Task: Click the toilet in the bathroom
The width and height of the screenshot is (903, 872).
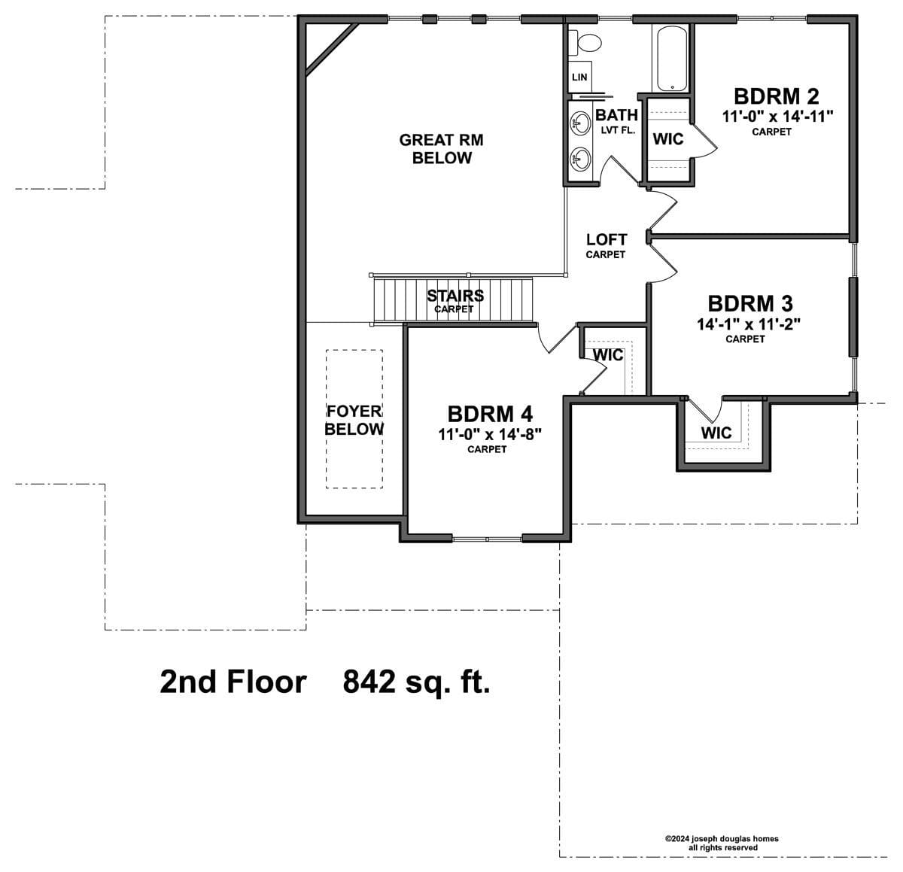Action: click(x=585, y=42)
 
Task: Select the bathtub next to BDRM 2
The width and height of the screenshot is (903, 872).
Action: click(x=671, y=58)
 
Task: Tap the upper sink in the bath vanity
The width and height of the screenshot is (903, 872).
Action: click(x=580, y=123)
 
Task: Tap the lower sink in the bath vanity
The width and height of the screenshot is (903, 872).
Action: click(x=580, y=159)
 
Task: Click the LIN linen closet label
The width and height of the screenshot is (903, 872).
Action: click(x=579, y=77)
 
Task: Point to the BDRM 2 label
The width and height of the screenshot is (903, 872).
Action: click(x=776, y=97)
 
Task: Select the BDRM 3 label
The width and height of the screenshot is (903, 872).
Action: click(x=750, y=304)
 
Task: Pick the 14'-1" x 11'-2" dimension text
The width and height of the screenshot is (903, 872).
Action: click(x=749, y=324)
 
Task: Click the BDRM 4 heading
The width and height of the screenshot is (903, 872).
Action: click(x=490, y=414)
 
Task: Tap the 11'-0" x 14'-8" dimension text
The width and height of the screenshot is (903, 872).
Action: click(x=490, y=434)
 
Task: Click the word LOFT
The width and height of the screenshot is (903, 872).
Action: click(x=607, y=240)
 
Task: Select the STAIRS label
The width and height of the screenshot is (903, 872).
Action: click(x=455, y=296)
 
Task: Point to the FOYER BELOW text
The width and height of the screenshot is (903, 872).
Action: click(x=354, y=421)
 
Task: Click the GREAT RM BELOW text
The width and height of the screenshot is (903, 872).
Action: click(x=441, y=149)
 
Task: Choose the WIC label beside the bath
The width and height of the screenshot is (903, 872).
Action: click(x=668, y=138)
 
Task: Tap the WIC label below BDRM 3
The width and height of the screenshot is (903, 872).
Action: click(x=716, y=433)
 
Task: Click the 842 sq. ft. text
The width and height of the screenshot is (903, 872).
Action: click(x=416, y=682)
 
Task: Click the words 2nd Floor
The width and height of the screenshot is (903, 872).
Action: click(x=233, y=682)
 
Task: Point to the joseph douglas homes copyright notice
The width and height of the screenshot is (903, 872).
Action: click(x=722, y=843)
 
